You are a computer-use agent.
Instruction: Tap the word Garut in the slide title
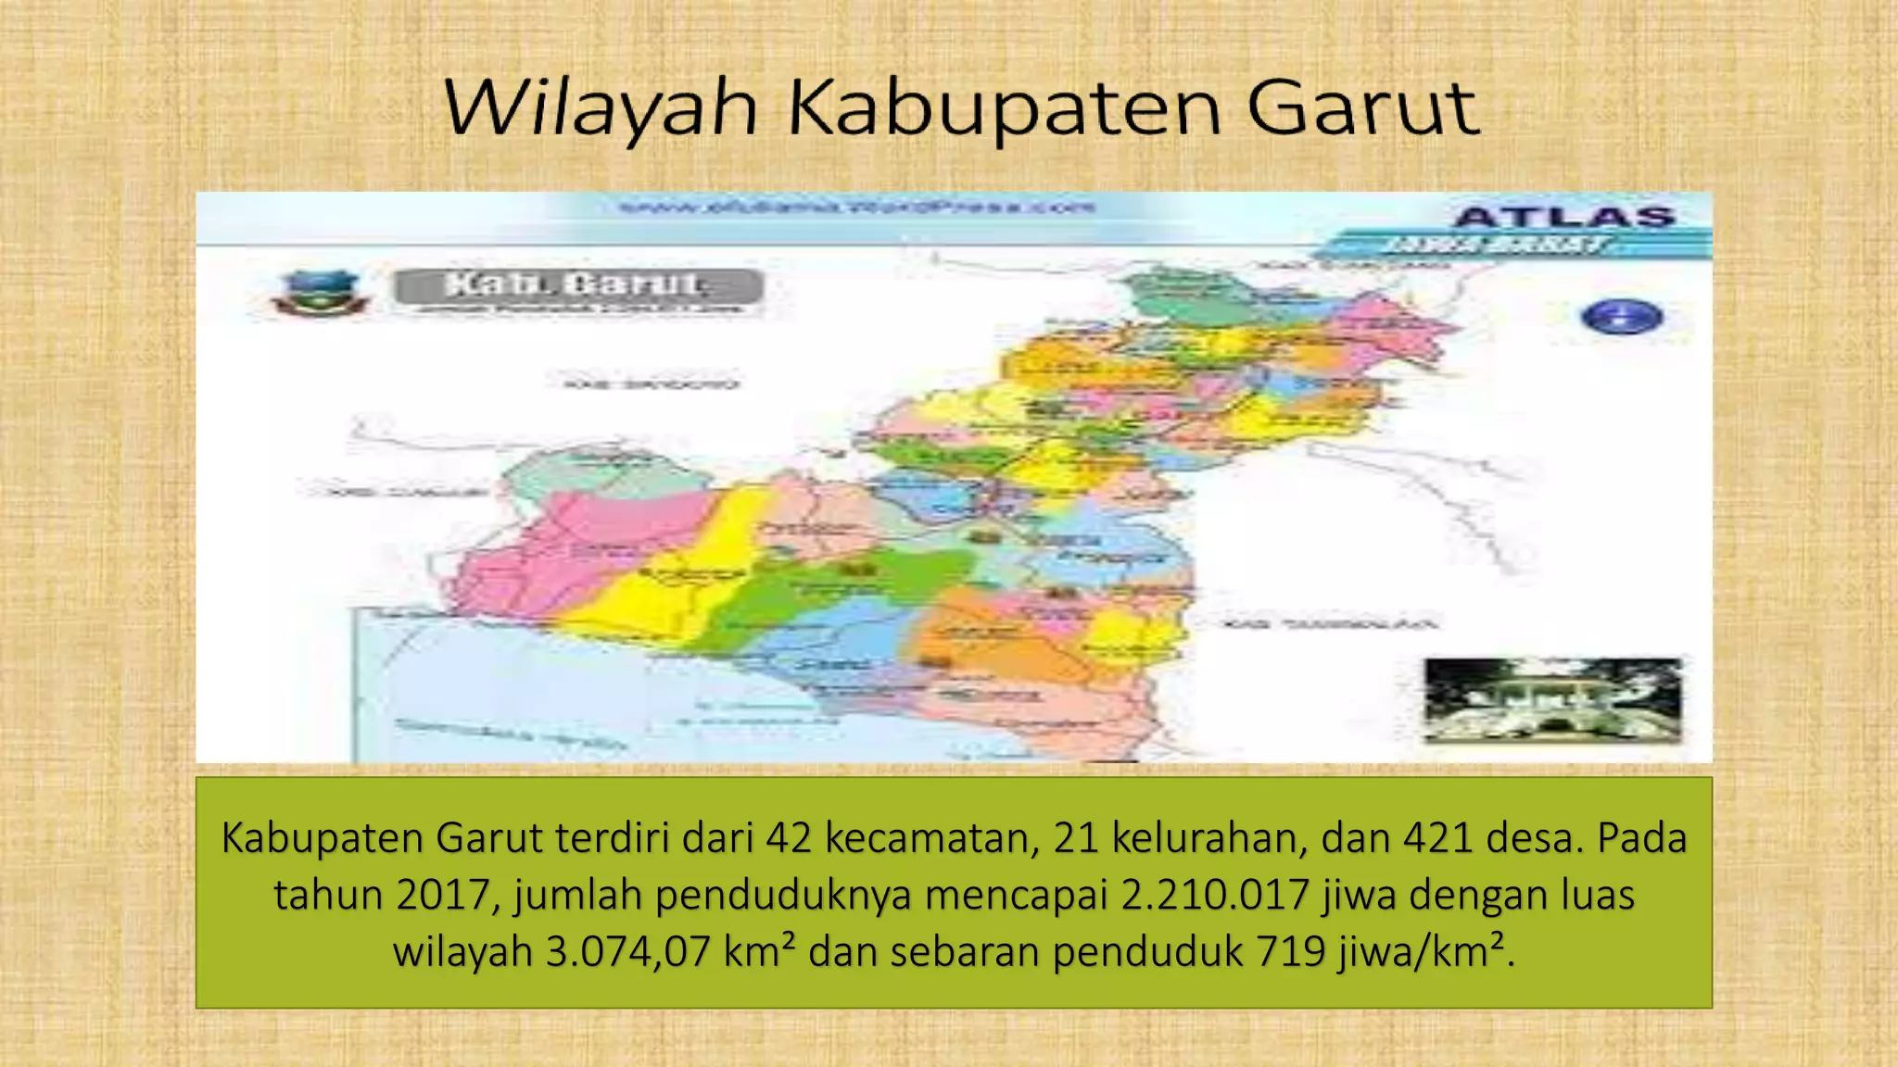(x=1361, y=108)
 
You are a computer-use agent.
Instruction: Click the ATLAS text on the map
(x=1564, y=218)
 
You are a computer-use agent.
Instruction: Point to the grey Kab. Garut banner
(x=577, y=286)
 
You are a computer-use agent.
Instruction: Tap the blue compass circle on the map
(x=1621, y=317)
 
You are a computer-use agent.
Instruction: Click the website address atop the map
(x=857, y=207)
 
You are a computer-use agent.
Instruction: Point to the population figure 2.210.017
(x=1214, y=895)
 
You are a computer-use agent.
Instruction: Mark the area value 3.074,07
(x=627, y=951)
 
